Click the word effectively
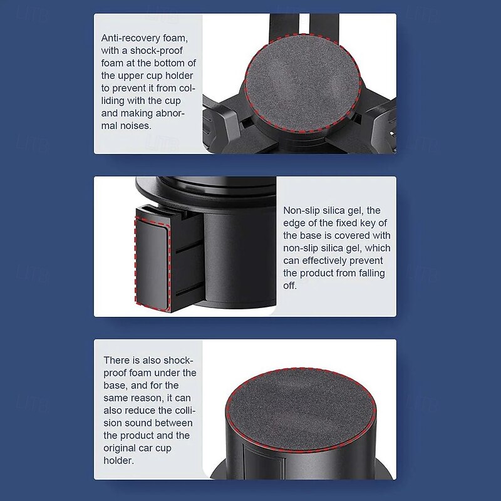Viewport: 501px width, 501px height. pyautogui.click(x=326, y=261)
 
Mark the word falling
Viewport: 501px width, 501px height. pyautogui.click(x=371, y=273)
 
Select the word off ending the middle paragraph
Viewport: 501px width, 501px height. pyautogui.click(x=290, y=286)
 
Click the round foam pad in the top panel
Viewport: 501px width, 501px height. pyautogui.click(x=303, y=83)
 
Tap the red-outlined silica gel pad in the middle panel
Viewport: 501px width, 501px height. pyautogui.click(x=152, y=264)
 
